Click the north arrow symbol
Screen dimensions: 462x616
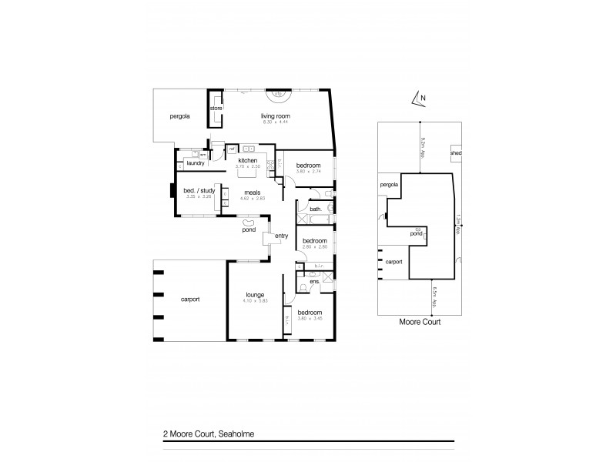pos(419,98)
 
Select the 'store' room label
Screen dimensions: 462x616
pos(216,109)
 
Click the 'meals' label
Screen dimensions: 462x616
pos(253,192)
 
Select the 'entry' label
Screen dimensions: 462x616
pos(280,236)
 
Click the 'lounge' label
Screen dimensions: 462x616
pos(256,294)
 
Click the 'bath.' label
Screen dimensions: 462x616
pos(316,209)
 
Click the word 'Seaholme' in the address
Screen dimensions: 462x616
pos(237,434)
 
